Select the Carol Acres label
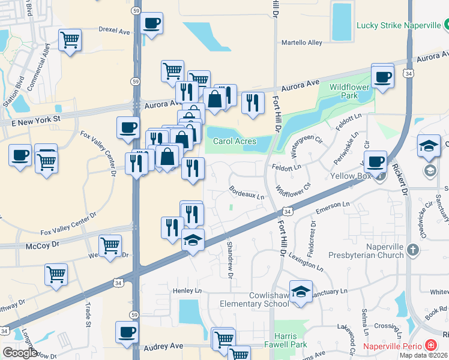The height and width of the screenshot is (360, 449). pos(235,142)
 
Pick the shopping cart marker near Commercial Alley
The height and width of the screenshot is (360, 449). pos(70,40)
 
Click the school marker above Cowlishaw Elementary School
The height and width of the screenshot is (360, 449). pos(301,292)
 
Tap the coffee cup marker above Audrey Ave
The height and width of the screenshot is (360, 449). pos(127,332)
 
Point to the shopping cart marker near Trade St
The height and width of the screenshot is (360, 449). pos(56,275)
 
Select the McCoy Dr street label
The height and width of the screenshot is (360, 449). pos(43,246)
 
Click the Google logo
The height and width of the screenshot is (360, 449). pos(20,353)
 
